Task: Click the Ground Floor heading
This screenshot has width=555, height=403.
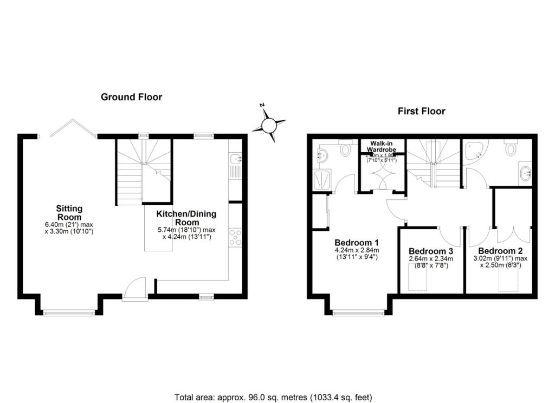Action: (x=131, y=97)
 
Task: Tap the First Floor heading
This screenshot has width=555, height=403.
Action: (x=421, y=111)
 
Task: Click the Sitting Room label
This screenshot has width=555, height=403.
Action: (x=70, y=212)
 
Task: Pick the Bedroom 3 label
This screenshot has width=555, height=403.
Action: (x=430, y=251)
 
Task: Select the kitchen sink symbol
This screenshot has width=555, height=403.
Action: (x=235, y=159)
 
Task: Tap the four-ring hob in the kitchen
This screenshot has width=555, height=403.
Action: (x=235, y=238)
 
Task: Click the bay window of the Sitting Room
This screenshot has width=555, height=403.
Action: (x=69, y=312)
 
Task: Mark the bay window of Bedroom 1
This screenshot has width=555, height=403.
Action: (x=358, y=312)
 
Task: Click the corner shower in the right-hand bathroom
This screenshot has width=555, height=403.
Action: (x=475, y=152)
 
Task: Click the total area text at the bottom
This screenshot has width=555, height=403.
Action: (x=274, y=396)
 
